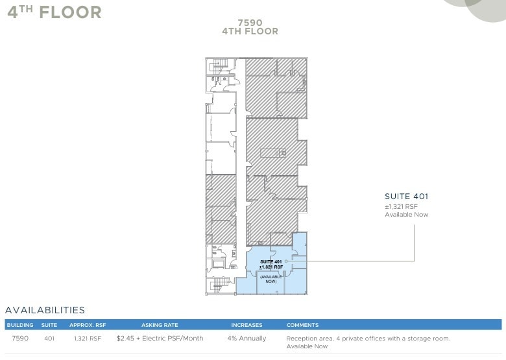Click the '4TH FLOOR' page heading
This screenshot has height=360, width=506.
point(54,12)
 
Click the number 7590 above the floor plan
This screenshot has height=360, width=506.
point(250,21)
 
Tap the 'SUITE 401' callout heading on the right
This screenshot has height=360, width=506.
point(407,197)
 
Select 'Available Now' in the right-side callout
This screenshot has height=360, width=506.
point(406,215)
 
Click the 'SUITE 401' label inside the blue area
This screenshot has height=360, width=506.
point(271,261)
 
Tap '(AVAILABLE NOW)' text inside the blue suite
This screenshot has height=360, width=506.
point(271,279)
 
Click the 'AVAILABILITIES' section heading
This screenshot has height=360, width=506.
point(45,311)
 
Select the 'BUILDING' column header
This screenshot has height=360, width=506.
point(20,325)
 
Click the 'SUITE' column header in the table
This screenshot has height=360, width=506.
point(49,325)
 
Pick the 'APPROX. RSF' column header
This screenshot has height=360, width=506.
point(87,325)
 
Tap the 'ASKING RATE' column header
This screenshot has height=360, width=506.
point(160,325)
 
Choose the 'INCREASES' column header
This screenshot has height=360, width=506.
point(247,325)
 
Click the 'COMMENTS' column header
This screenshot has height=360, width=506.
point(302,325)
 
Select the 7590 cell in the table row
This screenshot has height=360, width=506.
point(20,339)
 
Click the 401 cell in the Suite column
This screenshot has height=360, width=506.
point(49,339)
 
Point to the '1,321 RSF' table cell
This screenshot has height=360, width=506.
point(87,339)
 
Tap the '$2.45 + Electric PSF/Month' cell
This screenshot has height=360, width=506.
point(160,339)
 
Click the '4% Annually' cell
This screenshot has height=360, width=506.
point(247,339)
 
